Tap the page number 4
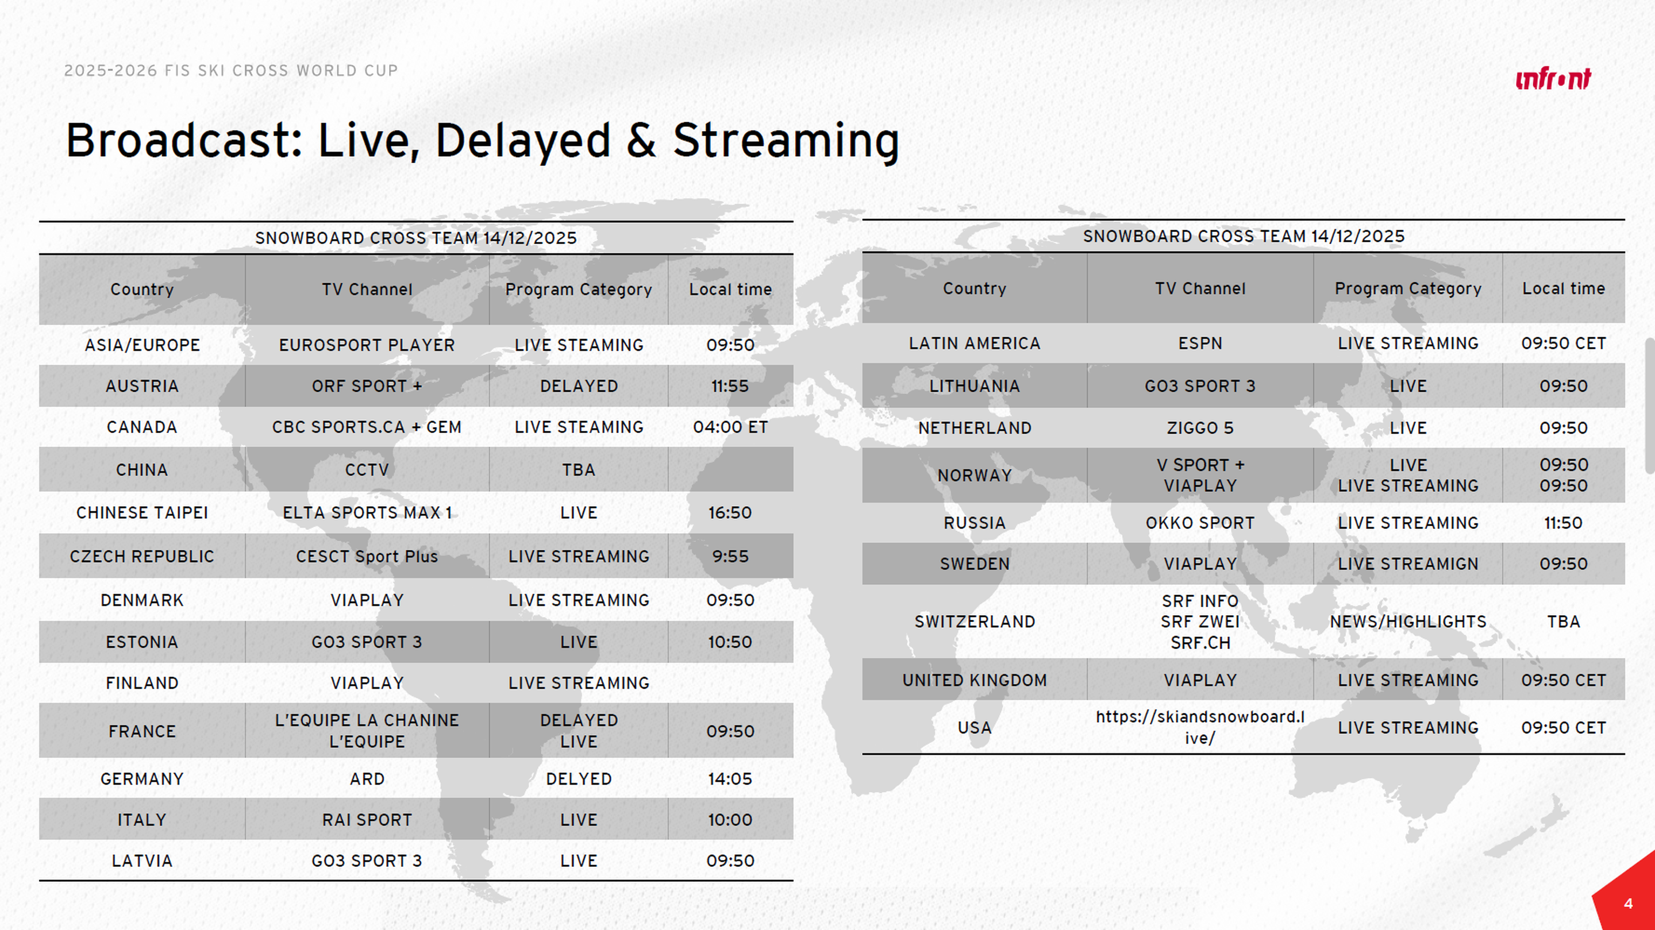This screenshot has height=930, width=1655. click(1628, 904)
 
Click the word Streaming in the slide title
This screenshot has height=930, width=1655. click(786, 141)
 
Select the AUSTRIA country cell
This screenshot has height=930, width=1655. click(142, 386)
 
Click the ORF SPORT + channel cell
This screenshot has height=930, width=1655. click(367, 386)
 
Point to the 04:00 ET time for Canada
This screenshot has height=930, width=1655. click(730, 427)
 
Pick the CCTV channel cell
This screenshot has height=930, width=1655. click(367, 469)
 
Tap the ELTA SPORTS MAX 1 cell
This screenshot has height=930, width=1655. click(367, 512)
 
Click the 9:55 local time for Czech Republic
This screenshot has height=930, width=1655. click(730, 556)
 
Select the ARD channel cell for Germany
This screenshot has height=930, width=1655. click(367, 779)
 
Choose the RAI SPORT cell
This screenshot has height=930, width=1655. click(367, 820)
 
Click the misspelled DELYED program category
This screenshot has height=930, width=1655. click(579, 779)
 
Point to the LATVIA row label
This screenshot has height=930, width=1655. click(142, 861)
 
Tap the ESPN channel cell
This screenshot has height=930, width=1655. click(1200, 344)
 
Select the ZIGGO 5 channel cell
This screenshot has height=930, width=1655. click(1200, 428)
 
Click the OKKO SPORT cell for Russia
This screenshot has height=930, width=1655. click(1200, 523)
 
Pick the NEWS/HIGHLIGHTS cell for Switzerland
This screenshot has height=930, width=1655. click(1408, 622)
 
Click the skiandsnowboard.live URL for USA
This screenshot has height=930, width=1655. click(1200, 728)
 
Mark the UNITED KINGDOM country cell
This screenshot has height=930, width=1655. click(975, 680)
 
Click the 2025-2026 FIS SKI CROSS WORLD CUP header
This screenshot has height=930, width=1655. click(230, 70)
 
